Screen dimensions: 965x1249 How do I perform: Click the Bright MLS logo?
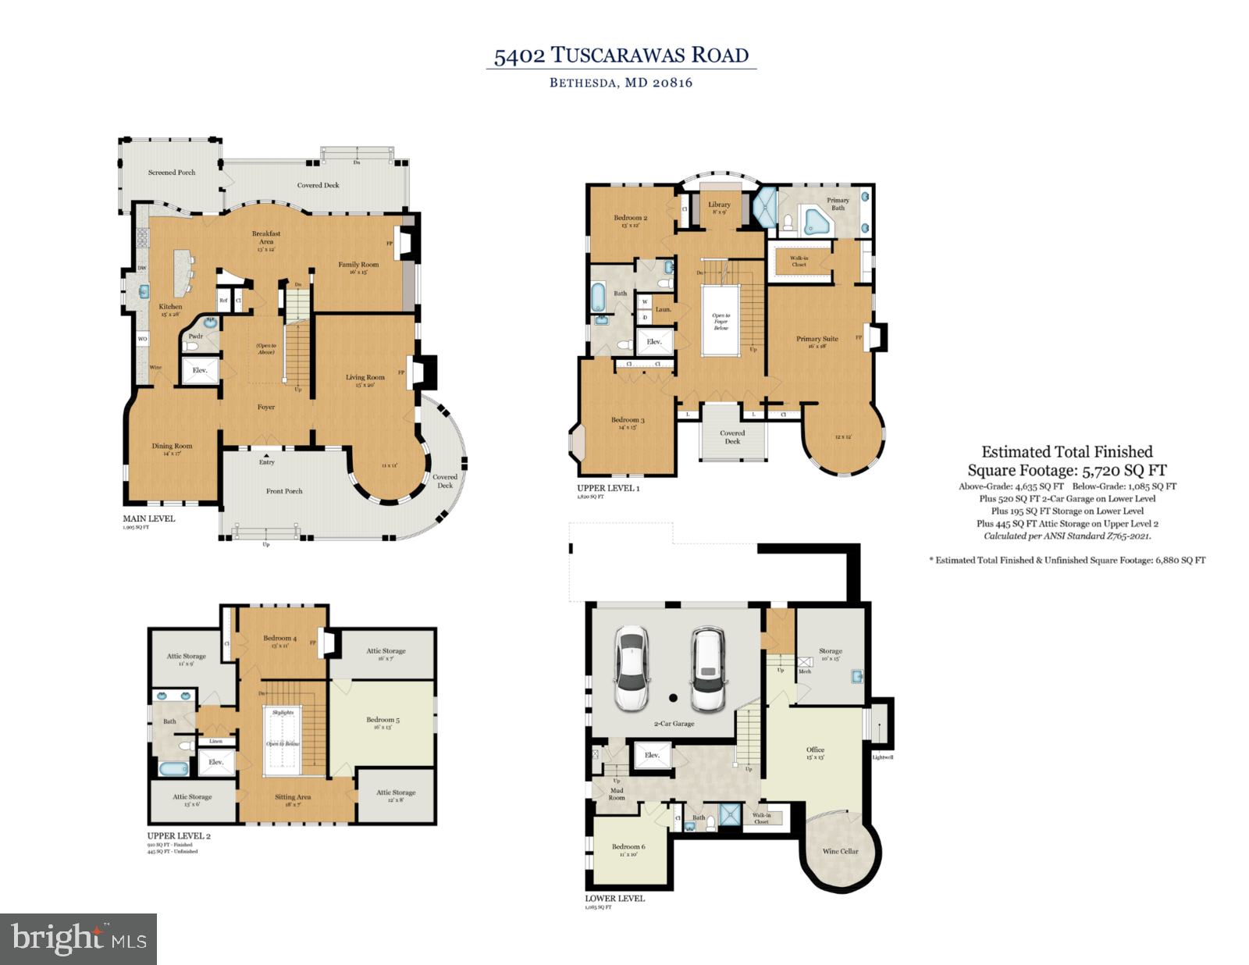tap(78, 938)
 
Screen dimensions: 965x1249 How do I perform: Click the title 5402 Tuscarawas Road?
tap(621, 55)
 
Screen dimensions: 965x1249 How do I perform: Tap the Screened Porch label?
tap(172, 173)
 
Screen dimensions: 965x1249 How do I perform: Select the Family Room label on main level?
tap(358, 265)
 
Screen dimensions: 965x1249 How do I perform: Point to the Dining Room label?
tap(172, 447)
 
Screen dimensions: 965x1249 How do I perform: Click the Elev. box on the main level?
tap(200, 370)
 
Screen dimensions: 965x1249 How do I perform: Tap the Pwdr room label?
tap(195, 337)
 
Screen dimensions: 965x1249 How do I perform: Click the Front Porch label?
tap(284, 491)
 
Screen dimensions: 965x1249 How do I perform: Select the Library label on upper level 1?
tap(719, 205)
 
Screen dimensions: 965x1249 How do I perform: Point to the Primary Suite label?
tap(817, 339)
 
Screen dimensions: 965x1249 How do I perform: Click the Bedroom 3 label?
tap(628, 420)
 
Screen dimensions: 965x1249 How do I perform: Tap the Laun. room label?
tap(663, 309)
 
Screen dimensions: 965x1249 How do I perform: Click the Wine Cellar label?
tap(840, 851)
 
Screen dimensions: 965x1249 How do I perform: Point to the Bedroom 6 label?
tap(628, 846)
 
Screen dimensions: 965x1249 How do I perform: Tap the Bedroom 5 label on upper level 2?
tap(383, 720)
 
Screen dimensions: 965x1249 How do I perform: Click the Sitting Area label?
tap(293, 797)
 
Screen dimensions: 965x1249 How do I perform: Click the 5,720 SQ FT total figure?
tap(1124, 471)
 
